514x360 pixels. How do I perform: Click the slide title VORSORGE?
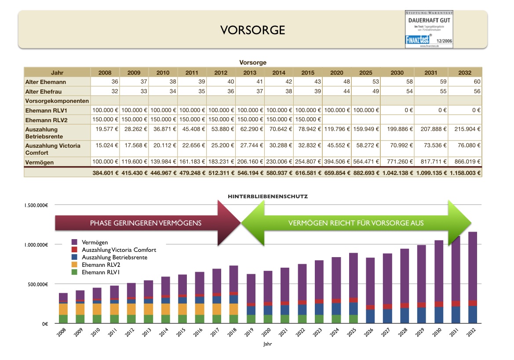click(252, 30)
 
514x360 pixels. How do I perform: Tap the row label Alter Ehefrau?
click(43, 91)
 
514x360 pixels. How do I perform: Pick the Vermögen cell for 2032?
click(465, 162)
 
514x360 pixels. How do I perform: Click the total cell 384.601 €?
click(105, 173)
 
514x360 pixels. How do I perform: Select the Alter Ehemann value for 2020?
click(337, 82)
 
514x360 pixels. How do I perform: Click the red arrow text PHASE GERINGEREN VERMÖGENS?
click(146, 223)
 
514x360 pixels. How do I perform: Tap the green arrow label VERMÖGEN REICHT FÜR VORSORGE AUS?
click(356, 223)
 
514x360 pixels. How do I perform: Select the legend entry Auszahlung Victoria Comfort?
click(119, 250)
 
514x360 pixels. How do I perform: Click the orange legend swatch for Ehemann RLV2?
click(74, 265)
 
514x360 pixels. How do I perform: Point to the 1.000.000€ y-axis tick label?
click(36, 245)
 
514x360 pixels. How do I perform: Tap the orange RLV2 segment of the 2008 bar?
click(63, 309)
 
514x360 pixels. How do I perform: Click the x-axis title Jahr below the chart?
click(267, 345)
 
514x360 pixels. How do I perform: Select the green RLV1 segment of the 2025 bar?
click(353, 319)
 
